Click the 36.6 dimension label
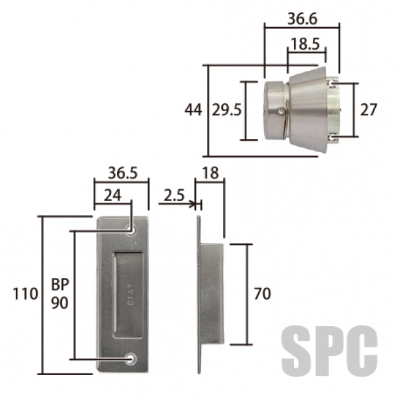click(x=302, y=19)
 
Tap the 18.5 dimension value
click(x=305, y=44)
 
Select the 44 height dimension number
click(x=193, y=110)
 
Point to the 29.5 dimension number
click(x=226, y=110)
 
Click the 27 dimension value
click(x=369, y=110)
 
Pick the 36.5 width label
click(x=123, y=173)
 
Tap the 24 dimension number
click(x=112, y=196)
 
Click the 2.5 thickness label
click(x=174, y=196)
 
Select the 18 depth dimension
click(x=210, y=173)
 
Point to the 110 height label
click(x=25, y=294)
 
